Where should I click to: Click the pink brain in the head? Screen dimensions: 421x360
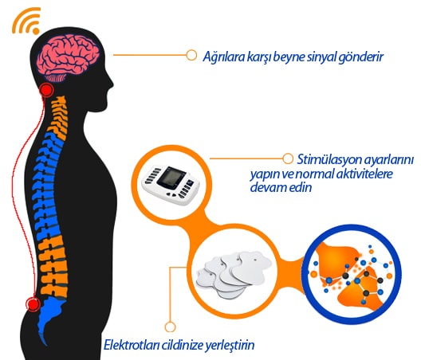pos(69,57)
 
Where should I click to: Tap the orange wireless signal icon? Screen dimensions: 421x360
pos(27,21)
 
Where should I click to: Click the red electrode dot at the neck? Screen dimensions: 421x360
pos(47,89)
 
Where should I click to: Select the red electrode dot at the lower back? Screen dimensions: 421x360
pos(33,304)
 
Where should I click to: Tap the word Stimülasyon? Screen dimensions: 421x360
pos(326,159)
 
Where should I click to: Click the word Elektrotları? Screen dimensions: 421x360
pos(132,345)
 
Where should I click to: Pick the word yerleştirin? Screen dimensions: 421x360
pos(230,345)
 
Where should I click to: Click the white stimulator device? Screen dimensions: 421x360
pos(171,185)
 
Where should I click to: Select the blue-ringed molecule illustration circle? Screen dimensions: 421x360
pos(351,274)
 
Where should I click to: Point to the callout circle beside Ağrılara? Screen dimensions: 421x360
pos(191,55)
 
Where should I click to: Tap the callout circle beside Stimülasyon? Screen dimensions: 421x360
pos(288,158)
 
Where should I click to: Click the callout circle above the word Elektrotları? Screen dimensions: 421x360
pos(170,327)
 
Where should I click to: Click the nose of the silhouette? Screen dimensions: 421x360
pos(111,84)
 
